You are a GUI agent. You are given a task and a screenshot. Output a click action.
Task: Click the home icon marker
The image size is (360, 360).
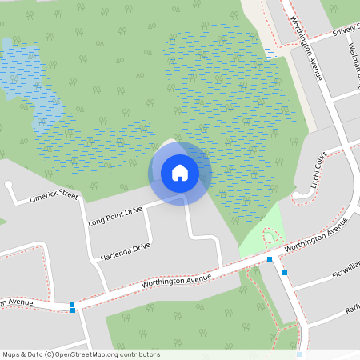click(180, 172)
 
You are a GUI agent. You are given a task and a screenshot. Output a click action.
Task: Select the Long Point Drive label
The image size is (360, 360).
click(115, 215)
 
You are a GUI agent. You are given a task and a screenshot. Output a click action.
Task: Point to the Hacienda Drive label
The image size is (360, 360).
click(125, 253)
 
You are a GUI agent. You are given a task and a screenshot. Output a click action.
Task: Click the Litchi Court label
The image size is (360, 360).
click(320, 175)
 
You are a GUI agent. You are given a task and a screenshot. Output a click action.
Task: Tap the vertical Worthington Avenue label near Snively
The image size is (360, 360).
click(306, 48)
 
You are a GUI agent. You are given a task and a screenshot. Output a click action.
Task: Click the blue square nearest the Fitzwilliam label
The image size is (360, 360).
click(285, 273)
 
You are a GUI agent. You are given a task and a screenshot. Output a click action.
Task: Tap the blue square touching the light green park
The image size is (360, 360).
click(270, 259)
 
